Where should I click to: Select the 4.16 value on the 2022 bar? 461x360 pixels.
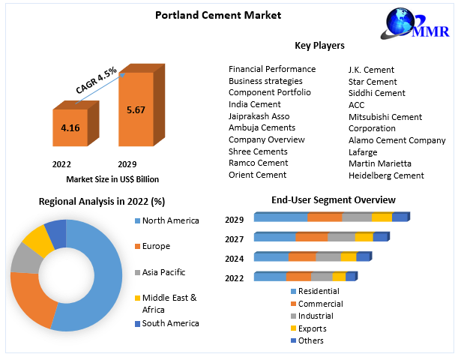[70, 128]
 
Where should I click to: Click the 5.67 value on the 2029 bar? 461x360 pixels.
[136, 110]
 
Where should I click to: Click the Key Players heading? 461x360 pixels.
[319, 46]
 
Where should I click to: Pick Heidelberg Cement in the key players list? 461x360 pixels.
[386, 175]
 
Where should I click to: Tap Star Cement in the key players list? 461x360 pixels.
[373, 81]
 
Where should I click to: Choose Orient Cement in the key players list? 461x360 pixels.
[257, 175]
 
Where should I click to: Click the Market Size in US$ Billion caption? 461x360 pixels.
[112, 179]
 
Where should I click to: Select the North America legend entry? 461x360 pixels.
[171, 220]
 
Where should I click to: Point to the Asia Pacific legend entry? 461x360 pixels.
[163, 272]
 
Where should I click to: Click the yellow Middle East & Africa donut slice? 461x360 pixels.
[34, 238]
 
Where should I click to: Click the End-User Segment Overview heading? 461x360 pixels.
[333, 199]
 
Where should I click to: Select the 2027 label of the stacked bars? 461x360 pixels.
[235, 238]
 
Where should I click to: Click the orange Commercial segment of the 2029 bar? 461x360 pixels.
[325, 217]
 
